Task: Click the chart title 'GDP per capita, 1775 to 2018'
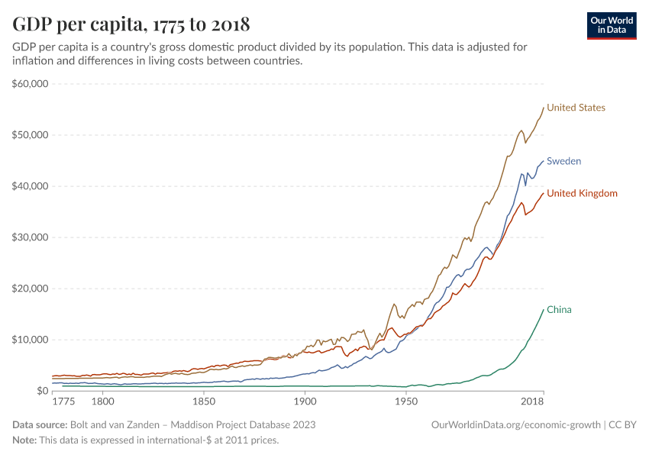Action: pyautogui.click(x=131, y=24)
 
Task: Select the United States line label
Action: pyautogui.click(x=576, y=108)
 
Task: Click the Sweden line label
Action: pyautogui.click(x=563, y=161)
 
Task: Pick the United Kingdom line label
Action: pyautogui.click(x=582, y=193)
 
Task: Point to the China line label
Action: pyautogui.click(x=559, y=310)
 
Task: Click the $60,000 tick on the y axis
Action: pyautogui.click(x=31, y=84)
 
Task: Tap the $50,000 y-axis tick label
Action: pyautogui.click(x=31, y=135)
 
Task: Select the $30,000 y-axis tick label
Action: pyautogui.click(x=31, y=237)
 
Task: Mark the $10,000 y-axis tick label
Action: pyautogui.click(x=31, y=340)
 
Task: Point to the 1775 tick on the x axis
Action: pyautogui.click(x=63, y=401)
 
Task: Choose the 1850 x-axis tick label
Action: pyautogui.click(x=203, y=401)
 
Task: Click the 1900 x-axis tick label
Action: pyautogui.click(x=305, y=401)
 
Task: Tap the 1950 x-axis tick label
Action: pyautogui.click(x=405, y=401)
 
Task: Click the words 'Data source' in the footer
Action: pyautogui.click(x=39, y=424)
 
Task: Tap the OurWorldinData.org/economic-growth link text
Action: pyautogui.click(x=517, y=424)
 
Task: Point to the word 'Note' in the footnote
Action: pyautogui.click(x=24, y=440)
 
